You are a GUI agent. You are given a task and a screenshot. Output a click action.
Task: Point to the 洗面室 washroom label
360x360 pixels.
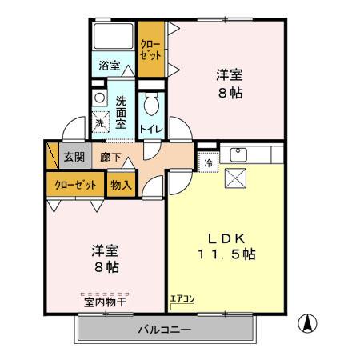click(121, 113)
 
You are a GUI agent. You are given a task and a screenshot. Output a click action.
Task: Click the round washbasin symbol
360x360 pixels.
click(98, 97)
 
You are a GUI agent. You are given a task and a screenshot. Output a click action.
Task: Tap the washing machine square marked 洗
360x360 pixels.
click(99, 123)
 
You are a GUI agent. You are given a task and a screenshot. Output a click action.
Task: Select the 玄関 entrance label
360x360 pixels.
click(74, 157)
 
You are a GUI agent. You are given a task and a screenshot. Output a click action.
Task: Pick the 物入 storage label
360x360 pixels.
click(122, 185)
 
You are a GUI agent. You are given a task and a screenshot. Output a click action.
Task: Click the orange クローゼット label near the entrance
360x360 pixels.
click(75, 185)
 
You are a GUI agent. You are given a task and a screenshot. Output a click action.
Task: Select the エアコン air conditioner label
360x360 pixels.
click(182, 300)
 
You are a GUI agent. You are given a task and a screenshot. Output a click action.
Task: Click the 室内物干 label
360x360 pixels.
click(104, 302)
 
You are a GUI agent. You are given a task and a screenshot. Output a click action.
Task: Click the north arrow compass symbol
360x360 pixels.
click(306, 325)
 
